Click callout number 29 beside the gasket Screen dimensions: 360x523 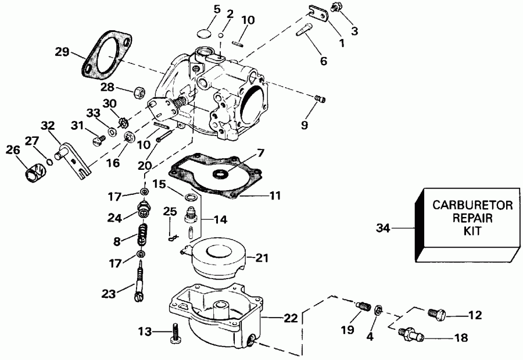62,52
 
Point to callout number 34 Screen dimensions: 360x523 382,229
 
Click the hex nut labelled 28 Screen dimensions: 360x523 139,91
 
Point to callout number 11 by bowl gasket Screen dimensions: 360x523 275,195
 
